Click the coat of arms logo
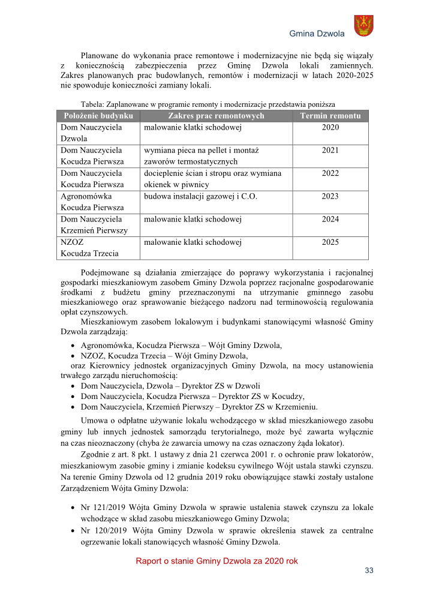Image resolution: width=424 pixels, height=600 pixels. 363,26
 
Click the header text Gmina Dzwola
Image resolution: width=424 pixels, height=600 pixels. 317,34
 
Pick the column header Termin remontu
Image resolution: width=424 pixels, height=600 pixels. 330,116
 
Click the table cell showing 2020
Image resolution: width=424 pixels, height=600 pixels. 330,128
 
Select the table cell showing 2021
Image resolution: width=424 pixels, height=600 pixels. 330,151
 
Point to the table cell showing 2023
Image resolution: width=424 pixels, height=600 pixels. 330,196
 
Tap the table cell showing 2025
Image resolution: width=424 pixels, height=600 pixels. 330,242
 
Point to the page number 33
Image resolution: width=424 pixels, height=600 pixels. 369,571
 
